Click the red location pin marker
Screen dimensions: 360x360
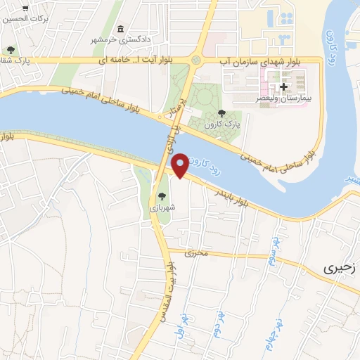click(x=180, y=165)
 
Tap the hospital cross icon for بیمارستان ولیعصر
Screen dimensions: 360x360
click(x=283, y=88)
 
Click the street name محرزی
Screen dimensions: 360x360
click(x=198, y=252)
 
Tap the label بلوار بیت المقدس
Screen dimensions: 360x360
click(x=169, y=284)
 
